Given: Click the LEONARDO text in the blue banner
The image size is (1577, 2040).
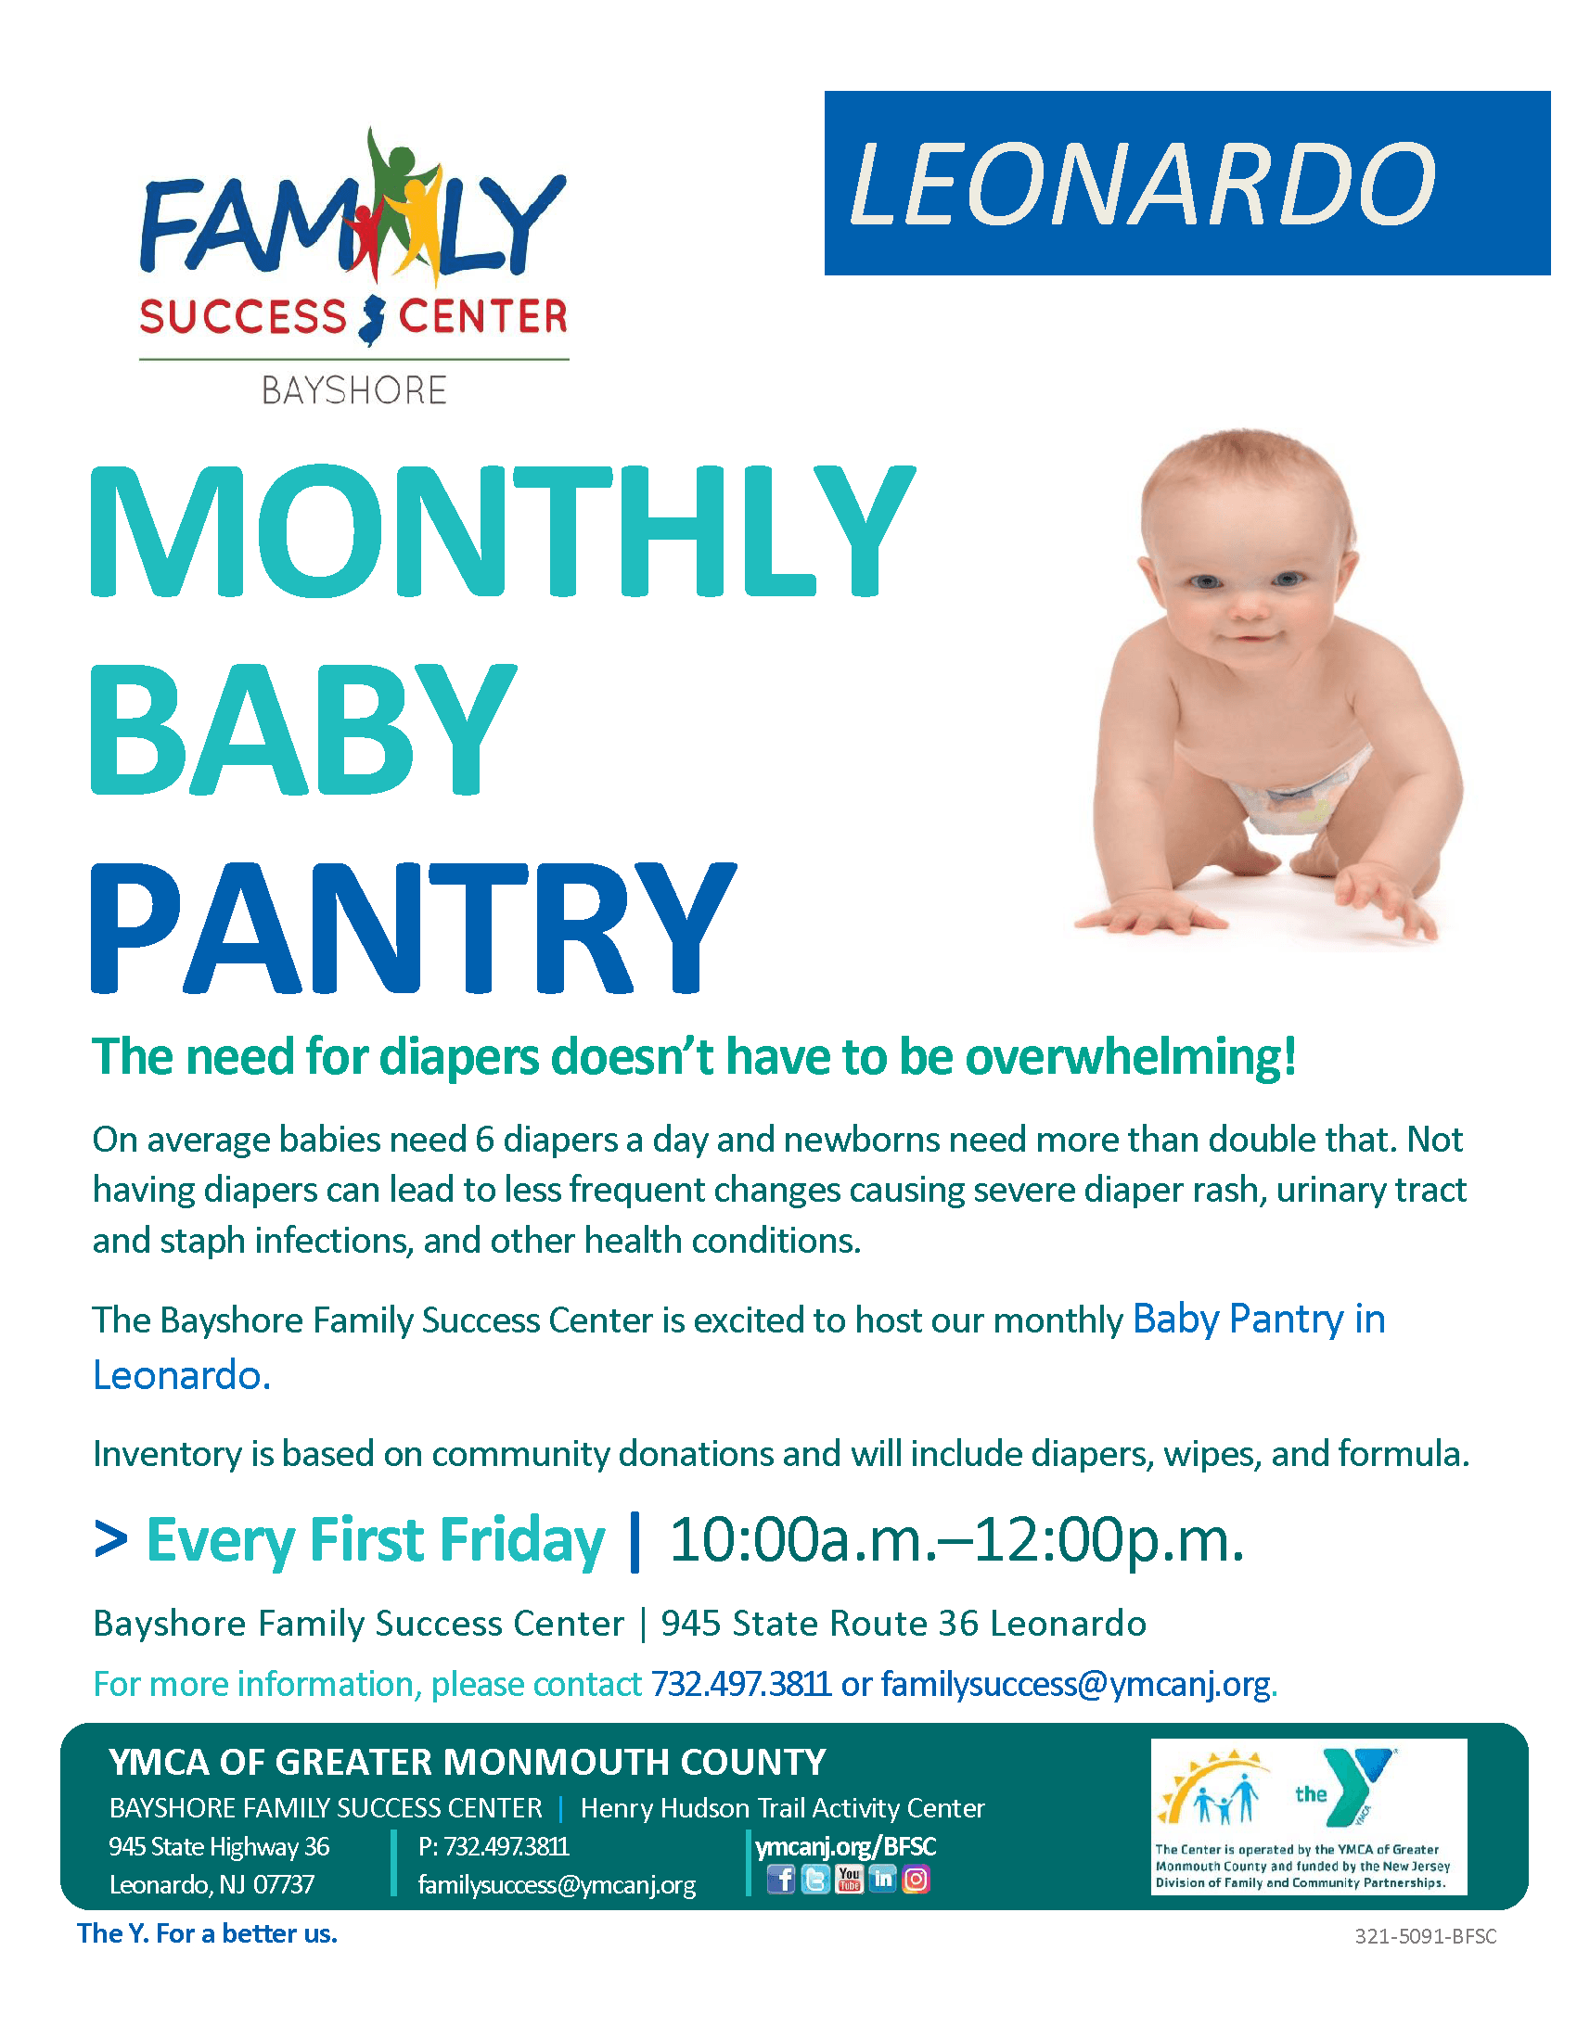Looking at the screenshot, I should coord(1141,184).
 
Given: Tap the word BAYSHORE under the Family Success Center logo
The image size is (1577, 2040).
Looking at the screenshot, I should coord(354,390).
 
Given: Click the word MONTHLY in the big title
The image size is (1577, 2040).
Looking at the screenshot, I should coord(502,532).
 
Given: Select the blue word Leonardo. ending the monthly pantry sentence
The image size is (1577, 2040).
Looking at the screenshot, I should coord(181,1375).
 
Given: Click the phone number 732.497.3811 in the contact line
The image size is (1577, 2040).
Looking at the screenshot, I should coord(741,1684).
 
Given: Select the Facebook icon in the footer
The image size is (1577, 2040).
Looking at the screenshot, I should coord(781,1880).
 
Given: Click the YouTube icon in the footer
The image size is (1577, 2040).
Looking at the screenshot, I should coord(848,1879).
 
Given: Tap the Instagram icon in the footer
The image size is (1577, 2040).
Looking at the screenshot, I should coord(916,1879).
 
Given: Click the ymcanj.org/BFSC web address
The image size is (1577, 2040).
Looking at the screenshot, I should coord(845,1846).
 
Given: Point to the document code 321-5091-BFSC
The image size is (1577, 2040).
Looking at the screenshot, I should coord(1426,1937).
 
